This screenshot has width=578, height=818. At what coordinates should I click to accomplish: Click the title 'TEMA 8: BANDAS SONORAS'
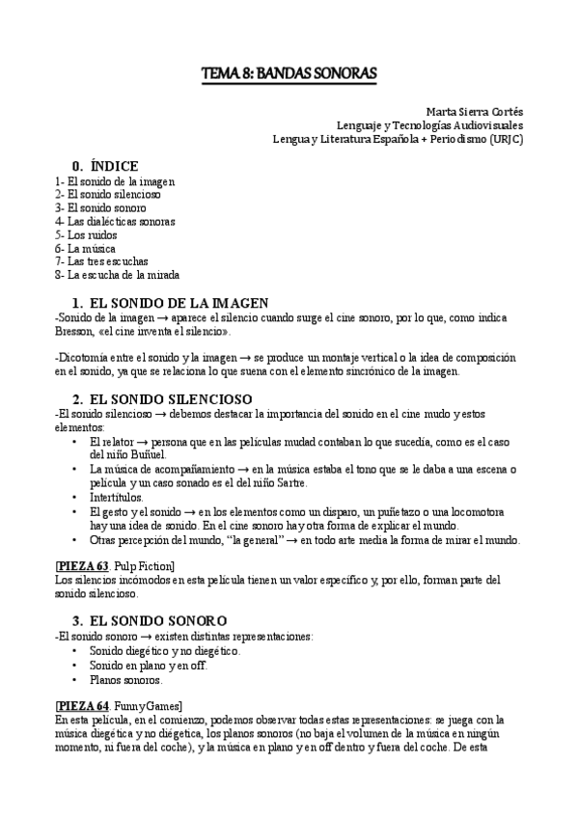289,73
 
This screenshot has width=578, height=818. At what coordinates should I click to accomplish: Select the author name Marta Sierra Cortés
475,111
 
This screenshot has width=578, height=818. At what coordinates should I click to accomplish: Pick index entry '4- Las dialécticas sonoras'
115,221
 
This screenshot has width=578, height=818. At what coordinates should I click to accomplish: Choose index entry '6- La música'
85,248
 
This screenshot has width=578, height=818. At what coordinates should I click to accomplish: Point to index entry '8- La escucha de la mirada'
117,275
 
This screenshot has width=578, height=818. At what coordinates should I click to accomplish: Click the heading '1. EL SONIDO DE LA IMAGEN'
170,303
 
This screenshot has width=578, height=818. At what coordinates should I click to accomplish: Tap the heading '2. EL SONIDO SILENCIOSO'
157,398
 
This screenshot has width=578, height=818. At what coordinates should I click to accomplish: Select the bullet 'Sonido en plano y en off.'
149,666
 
